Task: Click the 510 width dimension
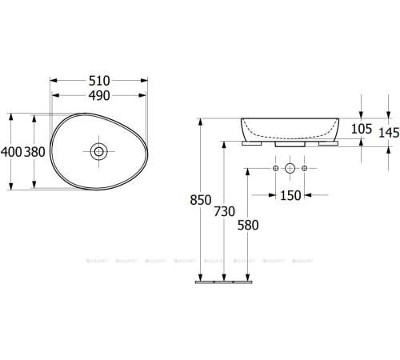click(x=99, y=82)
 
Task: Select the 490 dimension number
click(x=99, y=95)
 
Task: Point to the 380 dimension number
click(x=34, y=151)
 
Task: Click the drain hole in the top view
click(x=98, y=150)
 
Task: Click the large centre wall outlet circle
click(x=290, y=169)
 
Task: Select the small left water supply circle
click(x=275, y=169)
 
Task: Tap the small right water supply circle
click(x=305, y=169)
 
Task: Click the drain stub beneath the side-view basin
click(x=290, y=146)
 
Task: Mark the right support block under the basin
click(x=327, y=146)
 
